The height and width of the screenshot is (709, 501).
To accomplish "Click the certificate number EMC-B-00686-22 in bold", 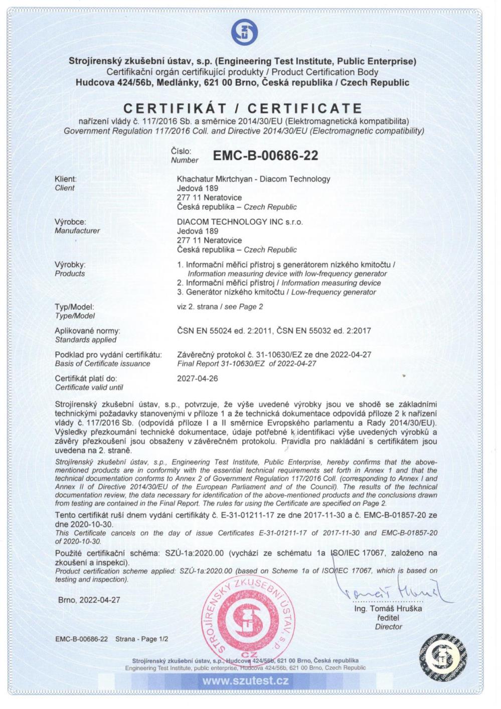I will point(265,156).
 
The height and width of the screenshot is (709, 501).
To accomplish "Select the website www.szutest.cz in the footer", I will point(245,681).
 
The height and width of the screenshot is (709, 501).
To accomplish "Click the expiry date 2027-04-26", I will point(198,378).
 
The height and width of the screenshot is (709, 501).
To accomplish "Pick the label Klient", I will point(65,179).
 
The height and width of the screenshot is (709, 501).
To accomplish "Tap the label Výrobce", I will point(70,222).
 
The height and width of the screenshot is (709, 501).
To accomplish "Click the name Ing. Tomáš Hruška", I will point(388,609).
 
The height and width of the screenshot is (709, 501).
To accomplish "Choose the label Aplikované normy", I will point(87,331).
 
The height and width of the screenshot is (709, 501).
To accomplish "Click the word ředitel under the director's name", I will point(388,618).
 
